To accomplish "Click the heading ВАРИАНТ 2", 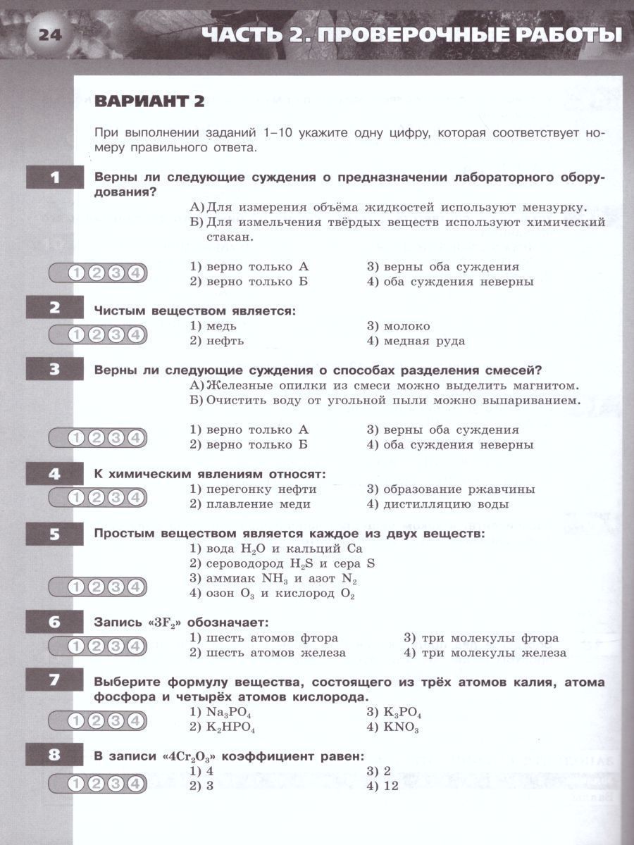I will pyautogui.click(x=149, y=101).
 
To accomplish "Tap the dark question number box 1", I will pyautogui.click(x=54, y=177).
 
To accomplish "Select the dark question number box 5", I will pyautogui.click(x=54, y=534).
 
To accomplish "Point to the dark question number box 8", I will pyautogui.click(x=54, y=756).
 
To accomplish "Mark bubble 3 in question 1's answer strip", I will pyautogui.click(x=116, y=273).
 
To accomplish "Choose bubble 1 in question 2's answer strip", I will pyautogui.click(x=76, y=334).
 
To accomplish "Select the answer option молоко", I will pyautogui.click(x=406, y=326).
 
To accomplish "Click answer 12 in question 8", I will pyautogui.click(x=391, y=786).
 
